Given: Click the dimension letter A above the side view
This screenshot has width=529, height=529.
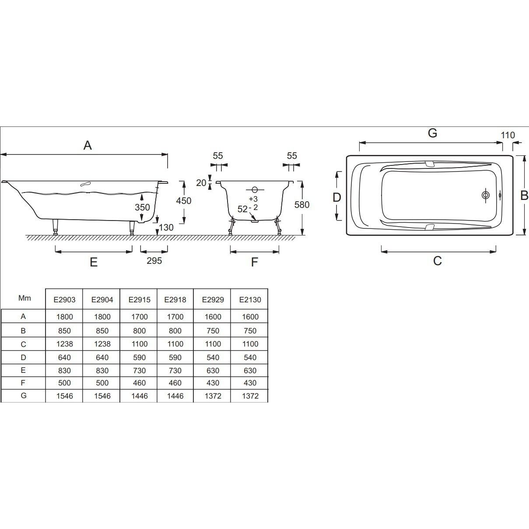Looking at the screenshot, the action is (x=88, y=145).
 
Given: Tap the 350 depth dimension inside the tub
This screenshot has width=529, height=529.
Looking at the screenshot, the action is (x=142, y=207).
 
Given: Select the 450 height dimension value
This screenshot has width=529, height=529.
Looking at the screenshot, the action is (x=184, y=201).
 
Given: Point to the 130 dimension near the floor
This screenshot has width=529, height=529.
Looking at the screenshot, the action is (x=166, y=227).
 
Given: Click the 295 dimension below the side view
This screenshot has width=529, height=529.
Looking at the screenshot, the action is (x=154, y=260).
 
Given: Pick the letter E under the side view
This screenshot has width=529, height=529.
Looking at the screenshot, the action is (x=94, y=262).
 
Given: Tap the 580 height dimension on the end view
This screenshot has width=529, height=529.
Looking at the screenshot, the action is (x=302, y=204).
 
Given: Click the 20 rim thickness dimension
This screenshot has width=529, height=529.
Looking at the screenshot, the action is (x=201, y=182).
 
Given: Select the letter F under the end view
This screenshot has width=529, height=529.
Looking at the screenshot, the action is (x=255, y=262).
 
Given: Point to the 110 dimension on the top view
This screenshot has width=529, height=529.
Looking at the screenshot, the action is (x=508, y=135).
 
